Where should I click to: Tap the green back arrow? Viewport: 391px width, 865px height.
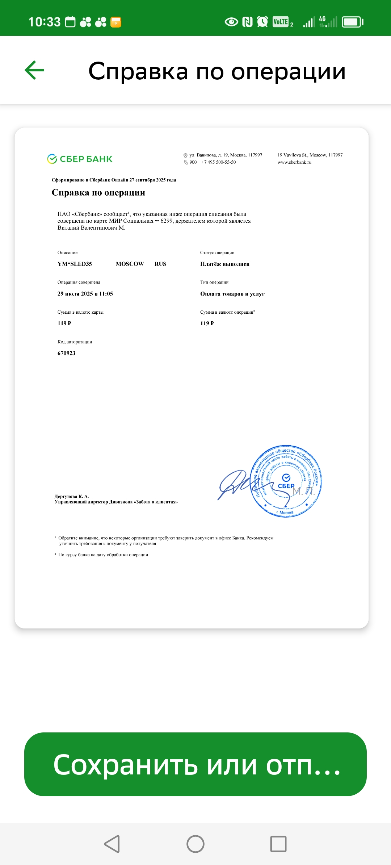coord(34,70)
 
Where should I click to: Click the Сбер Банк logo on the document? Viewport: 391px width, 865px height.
coord(80,159)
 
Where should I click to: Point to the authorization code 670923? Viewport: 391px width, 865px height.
coord(67,353)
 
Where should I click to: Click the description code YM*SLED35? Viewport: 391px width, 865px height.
coord(75,264)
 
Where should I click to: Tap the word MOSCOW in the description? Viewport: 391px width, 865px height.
coord(130,264)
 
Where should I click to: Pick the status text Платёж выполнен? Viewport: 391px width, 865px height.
coord(225,264)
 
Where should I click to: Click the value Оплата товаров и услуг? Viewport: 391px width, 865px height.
coord(232,294)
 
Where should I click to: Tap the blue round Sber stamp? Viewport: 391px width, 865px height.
coord(286,481)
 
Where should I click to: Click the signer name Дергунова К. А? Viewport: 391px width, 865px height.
coord(72,496)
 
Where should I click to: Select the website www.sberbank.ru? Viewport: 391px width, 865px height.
coord(294,162)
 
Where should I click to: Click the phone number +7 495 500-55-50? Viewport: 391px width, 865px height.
coord(218,162)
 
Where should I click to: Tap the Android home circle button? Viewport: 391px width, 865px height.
coord(195,844)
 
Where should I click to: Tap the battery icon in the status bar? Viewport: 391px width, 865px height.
coord(352,22)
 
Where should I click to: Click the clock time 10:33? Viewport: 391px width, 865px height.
coord(45,22)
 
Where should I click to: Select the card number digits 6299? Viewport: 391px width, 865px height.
coord(167,221)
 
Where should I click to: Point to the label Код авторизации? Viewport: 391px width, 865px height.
coord(75,342)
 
